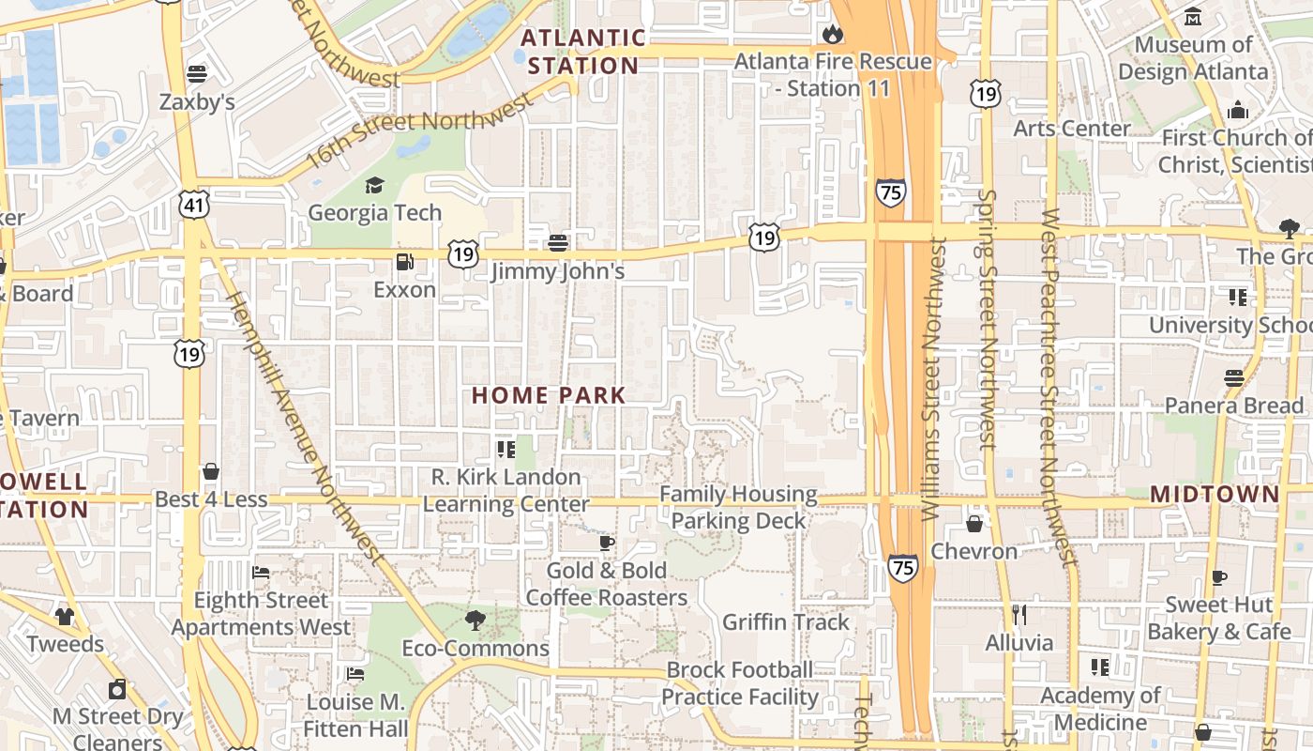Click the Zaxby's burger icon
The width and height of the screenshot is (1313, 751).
point(197,73)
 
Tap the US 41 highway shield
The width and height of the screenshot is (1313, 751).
point(194,205)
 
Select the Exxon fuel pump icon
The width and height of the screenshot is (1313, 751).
point(405,262)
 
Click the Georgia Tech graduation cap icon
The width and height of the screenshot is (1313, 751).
point(374,185)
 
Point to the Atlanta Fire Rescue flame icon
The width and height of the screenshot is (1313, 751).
point(832,35)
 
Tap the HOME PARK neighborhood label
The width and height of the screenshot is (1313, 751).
point(549,395)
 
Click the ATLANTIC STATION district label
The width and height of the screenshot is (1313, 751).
point(582,52)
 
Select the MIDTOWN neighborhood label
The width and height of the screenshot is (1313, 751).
point(1215,494)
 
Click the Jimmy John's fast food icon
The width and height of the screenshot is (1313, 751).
point(558,243)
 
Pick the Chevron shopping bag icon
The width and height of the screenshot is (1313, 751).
point(974,523)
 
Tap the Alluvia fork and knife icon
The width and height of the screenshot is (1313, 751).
point(1019,615)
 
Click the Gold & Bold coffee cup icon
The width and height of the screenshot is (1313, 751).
point(607,543)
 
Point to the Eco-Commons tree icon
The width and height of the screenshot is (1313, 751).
point(475,620)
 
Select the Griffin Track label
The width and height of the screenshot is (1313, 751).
point(786,621)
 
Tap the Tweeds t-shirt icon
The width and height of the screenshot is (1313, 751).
point(64,616)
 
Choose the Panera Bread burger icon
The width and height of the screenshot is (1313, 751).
point(1233,378)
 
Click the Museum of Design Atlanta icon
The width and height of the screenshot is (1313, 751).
point(1193,17)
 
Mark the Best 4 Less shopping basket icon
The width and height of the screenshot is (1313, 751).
point(211,471)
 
